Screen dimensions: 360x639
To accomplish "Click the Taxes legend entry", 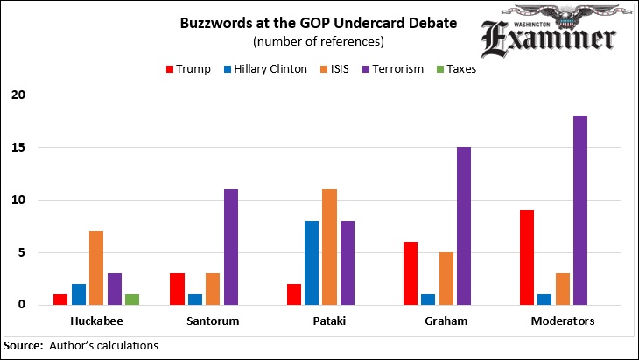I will [x=453, y=68].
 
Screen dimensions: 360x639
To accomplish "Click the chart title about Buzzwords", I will [x=319, y=23].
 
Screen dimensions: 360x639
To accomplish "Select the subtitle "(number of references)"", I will [x=319, y=41].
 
